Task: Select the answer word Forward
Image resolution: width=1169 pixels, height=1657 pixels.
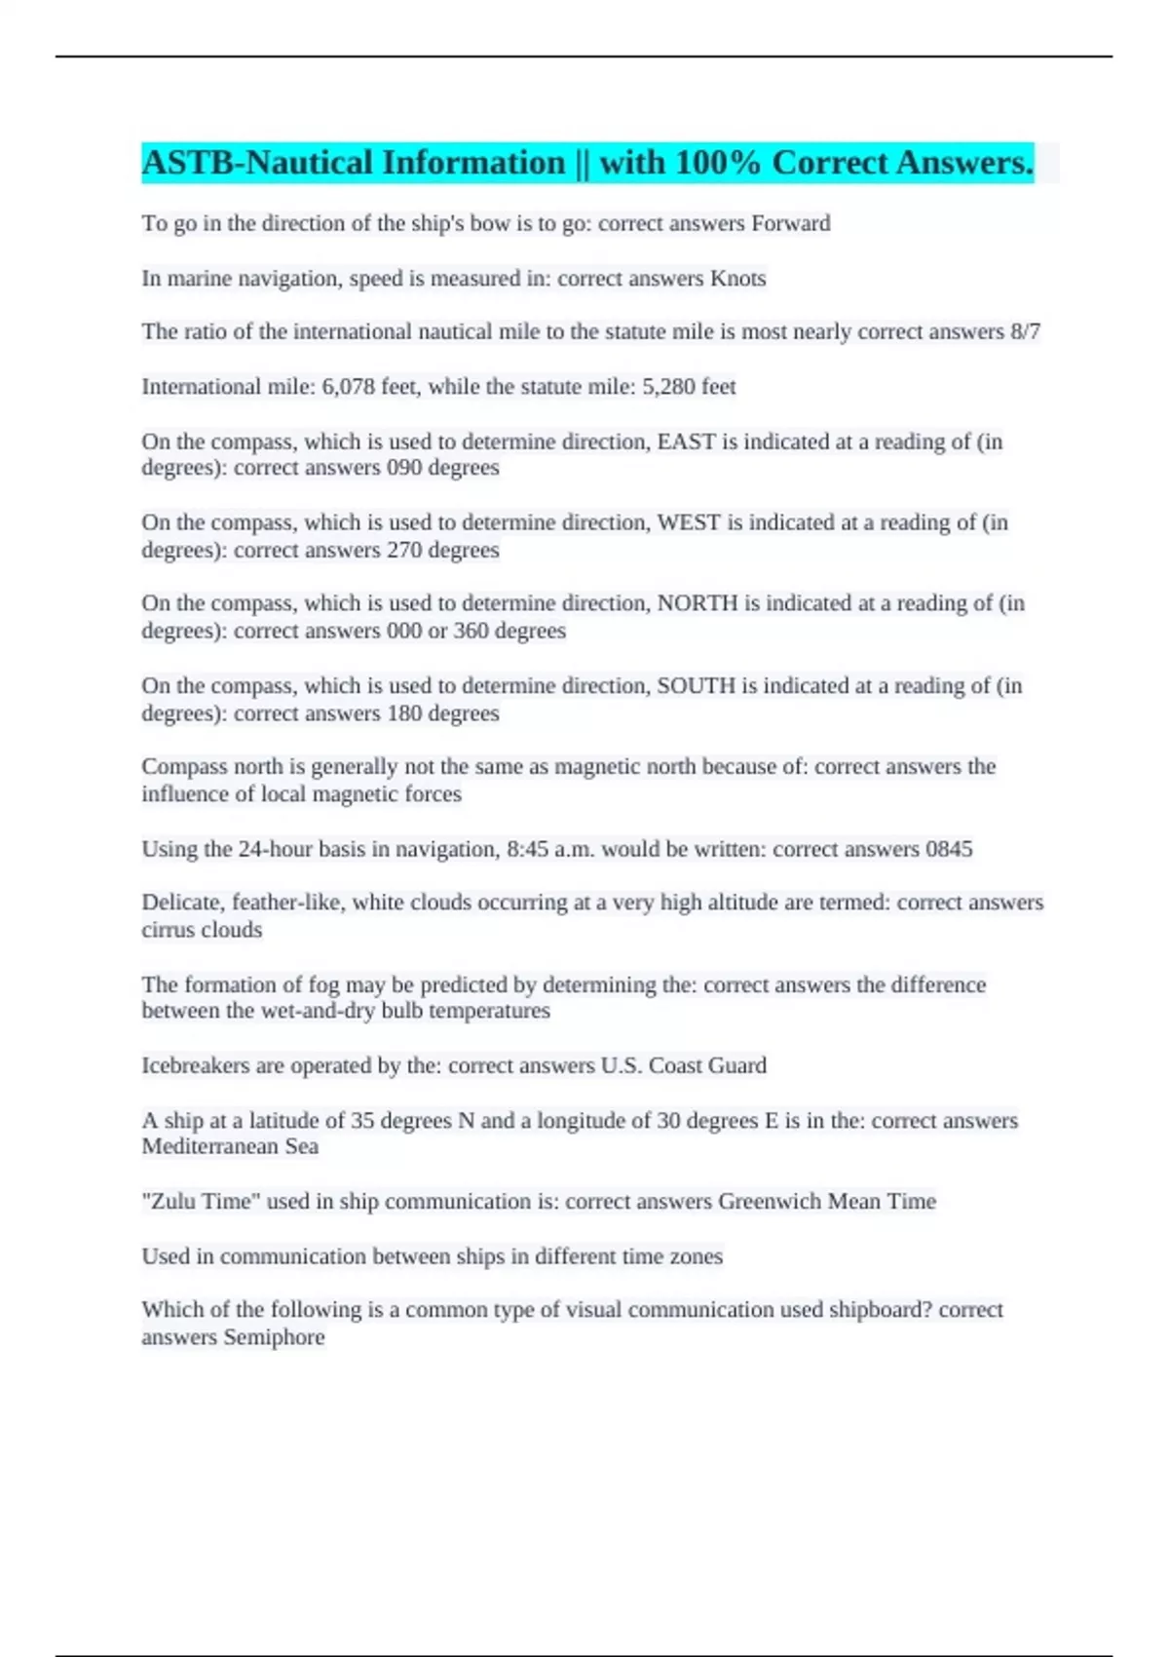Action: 790,223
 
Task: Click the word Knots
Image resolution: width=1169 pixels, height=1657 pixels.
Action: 737,279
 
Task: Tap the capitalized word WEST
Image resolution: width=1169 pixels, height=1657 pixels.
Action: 689,523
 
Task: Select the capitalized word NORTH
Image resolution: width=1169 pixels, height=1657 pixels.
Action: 698,604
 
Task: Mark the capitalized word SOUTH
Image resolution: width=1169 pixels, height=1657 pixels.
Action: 696,686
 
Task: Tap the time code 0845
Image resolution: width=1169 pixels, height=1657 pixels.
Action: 949,849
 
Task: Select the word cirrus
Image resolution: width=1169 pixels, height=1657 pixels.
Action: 168,930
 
